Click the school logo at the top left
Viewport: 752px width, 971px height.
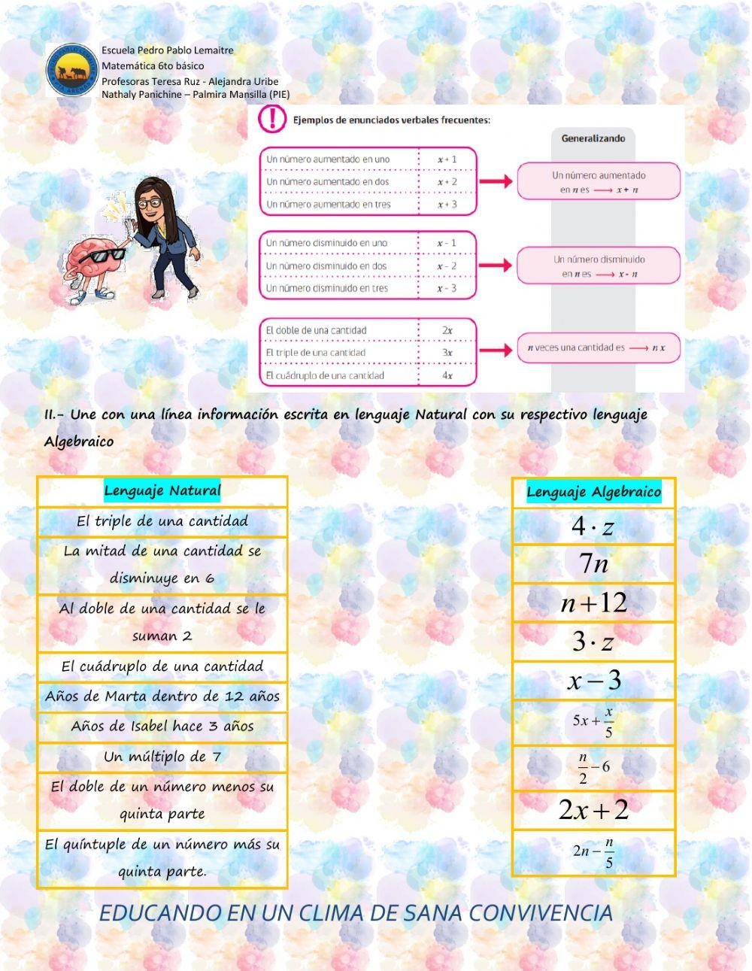pyautogui.click(x=72, y=70)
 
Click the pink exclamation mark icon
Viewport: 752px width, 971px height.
pyautogui.click(x=272, y=119)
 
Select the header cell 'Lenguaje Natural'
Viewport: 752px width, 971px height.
pyautogui.click(x=162, y=491)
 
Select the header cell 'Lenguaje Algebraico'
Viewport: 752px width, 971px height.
pyautogui.click(x=593, y=493)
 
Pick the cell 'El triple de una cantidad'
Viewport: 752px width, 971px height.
pyautogui.click(x=162, y=521)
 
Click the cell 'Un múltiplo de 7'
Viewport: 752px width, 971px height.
pyautogui.click(x=162, y=757)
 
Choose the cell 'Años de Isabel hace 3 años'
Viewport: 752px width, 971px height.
pyautogui.click(x=162, y=727)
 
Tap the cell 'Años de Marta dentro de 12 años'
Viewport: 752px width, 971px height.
pyautogui.click(x=162, y=696)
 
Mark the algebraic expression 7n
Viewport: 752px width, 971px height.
pyautogui.click(x=593, y=563)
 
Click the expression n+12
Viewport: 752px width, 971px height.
pyautogui.click(x=593, y=602)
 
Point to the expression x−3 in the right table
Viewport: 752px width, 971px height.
pyautogui.click(x=593, y=681)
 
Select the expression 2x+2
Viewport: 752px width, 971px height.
pyautogui.click(x=593, y=810)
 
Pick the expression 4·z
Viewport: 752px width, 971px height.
pyautogui.click(x=593, y=526)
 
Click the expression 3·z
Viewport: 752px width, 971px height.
pyautogui.click(x=593, y=642)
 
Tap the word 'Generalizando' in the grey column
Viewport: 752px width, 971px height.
pyautogui.click(x=593, y=138)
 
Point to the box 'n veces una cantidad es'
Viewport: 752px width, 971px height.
pyautogui.click(x=598, y=348)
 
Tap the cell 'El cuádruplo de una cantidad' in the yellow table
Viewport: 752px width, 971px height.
pyautogui.click(x=162, y=666)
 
